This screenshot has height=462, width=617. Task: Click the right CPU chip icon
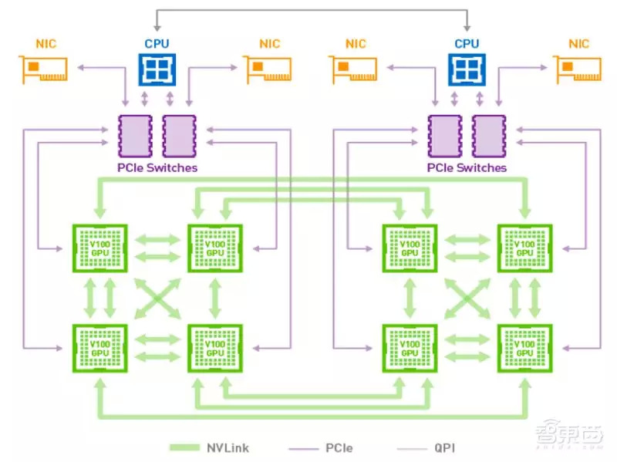point(467,69)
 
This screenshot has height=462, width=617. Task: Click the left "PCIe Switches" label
point(157,167)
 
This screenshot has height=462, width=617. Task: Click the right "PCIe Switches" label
point(467,167)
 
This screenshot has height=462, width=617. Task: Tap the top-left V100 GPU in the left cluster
point(99,248)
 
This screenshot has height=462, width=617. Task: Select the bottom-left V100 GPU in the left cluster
point(99,348)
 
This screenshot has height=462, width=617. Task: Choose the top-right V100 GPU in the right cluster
point(524,248)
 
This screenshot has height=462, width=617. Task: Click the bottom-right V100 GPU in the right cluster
point(524,348)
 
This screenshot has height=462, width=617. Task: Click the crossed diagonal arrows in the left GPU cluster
point(157,298)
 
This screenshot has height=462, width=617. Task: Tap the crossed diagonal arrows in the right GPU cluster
point(467,298)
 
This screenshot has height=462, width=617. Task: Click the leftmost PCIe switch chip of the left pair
point(135,136)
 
